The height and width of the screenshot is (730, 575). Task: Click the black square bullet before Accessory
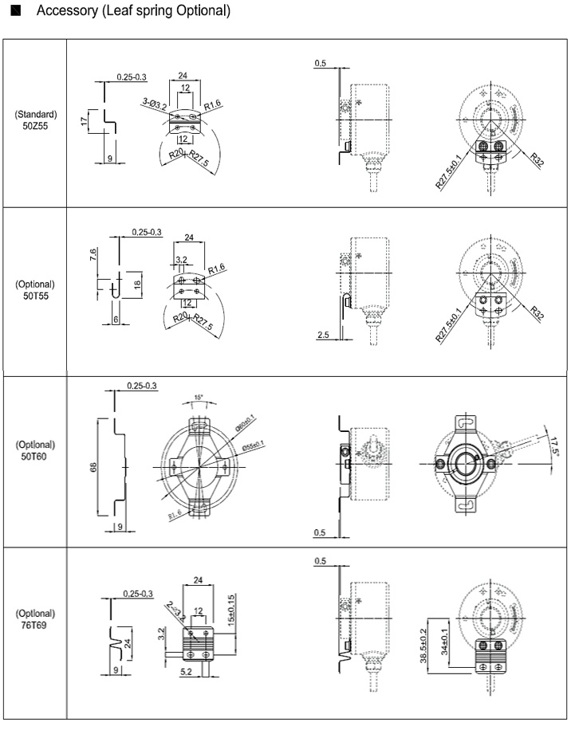(x=16, y=11)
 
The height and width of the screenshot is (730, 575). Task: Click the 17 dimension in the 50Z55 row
(x=83, y=124)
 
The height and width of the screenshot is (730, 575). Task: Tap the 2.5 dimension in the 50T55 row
(x=323, y=335)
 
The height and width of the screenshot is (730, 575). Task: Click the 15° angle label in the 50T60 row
(x=198, y=397)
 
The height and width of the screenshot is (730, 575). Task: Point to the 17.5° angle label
(x=553, y=441)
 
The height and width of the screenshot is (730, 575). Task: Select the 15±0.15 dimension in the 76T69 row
(x=230, y=610)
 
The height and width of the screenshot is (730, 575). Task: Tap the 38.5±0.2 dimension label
(x=423, y=643)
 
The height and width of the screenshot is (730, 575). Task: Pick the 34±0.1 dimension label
(x=444, y=645)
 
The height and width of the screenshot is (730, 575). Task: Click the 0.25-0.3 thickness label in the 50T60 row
(x=142, y=386)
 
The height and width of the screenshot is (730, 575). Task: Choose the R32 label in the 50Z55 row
(x=538, y=156)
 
